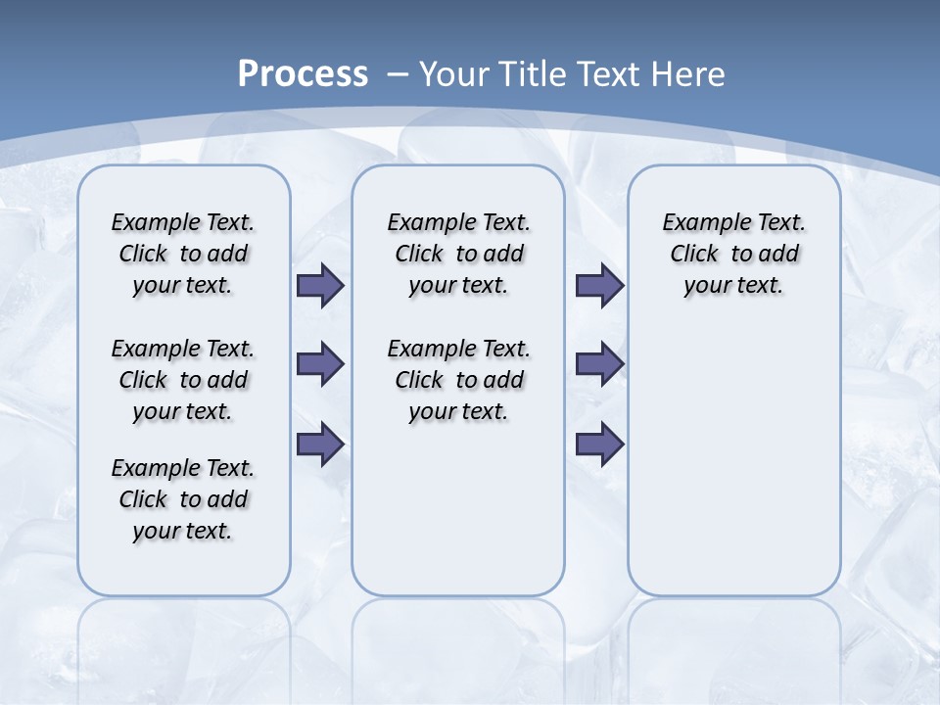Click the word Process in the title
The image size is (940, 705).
[x=303, y=74]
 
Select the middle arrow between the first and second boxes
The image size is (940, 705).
[x=319, y=364]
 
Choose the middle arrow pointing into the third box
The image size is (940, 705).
[x=599, y=364]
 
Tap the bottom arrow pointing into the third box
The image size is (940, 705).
[x=599, y=445]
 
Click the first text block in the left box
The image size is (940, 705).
[x=183, y=254]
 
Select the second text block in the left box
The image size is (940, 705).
[x=183, y=380]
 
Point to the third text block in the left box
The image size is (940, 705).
[x=183, y=499]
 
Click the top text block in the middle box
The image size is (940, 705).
[x=459, y=254]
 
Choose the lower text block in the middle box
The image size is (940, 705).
[x=459, y=380]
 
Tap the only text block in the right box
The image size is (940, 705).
[x=734, y=254]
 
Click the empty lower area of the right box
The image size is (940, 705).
[x=734, y=460]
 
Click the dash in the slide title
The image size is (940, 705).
[x=398, y=74]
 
